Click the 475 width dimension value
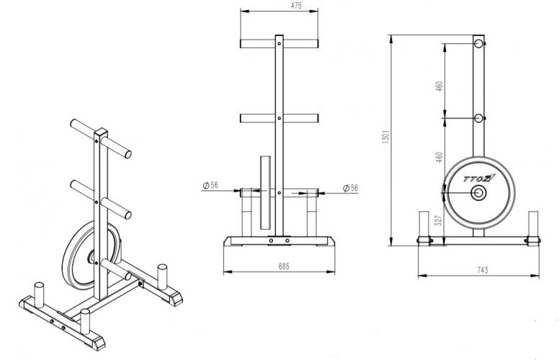(x=277, y=5)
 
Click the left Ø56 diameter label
(x=210, y=186)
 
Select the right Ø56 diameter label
(x=351, y=187)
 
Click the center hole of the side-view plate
(x=478, y=192)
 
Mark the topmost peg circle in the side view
(x=478, y=45)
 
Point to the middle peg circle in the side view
(x=478, y=117)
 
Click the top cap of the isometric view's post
(x=100, y=132)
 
